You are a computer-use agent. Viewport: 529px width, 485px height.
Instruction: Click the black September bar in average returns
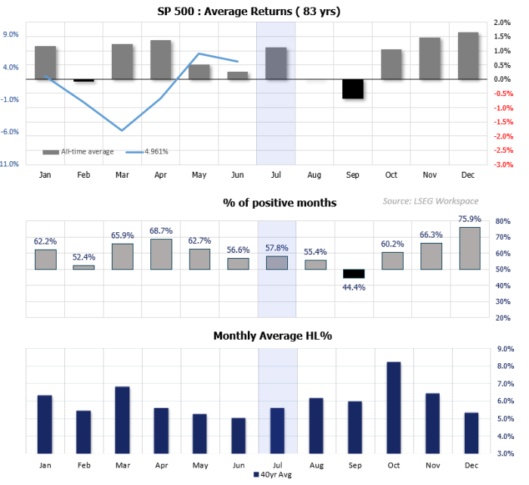point(353,89)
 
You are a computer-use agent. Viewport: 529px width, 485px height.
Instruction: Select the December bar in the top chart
point(468,56)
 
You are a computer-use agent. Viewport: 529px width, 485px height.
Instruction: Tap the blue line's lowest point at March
point(122,130)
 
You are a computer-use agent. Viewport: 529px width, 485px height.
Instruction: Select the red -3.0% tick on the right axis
point(504,164)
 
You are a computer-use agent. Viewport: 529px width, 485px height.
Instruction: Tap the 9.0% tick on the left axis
point(11,35)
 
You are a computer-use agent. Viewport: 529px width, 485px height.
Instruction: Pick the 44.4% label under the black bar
point(353,287)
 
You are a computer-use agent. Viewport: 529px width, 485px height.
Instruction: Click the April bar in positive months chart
point(161,254)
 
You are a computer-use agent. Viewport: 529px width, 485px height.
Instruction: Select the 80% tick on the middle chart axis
point(503,222)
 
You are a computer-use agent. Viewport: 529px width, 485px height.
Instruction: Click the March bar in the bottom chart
point(122,419)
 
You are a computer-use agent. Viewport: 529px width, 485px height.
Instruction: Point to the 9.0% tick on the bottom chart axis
point(504,349)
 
